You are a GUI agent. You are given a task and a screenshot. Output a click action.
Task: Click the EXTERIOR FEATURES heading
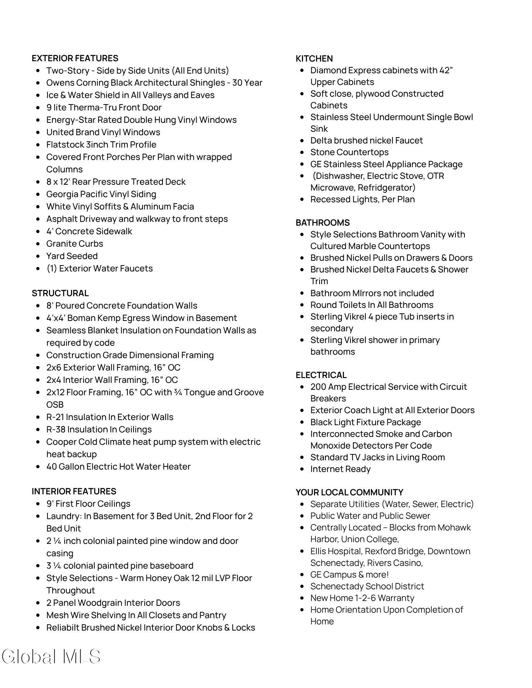point(75,58)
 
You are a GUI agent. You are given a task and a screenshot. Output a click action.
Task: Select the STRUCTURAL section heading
point(60,293)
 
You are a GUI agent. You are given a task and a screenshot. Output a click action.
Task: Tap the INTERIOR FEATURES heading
point(74,491)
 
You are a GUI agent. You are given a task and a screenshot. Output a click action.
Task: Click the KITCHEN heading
point(314,58)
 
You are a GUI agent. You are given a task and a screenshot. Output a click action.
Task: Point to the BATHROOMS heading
point(323,223)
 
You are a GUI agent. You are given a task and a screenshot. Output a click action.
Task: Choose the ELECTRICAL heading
point(321,375)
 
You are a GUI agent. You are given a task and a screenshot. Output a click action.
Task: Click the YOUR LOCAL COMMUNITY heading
point(350,492)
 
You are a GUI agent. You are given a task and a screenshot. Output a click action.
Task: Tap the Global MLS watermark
point(51,656)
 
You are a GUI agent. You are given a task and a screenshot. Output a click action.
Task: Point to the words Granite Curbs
point(75,244)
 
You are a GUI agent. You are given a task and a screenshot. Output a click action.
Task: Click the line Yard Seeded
point(72,256)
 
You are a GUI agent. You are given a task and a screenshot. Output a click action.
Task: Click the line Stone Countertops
point(349,152)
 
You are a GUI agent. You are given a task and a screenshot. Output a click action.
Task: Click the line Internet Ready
point(340,469)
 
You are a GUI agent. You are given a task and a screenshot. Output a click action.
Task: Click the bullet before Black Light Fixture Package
point(302,422)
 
